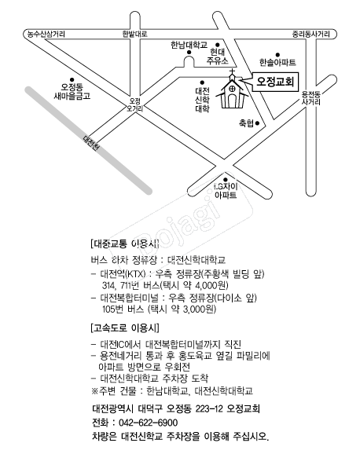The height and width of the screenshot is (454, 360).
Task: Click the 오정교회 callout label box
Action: tap(275, 82)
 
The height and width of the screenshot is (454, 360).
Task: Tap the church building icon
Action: tap(232, 91)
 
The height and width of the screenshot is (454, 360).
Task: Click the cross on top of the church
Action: tap(232, 71)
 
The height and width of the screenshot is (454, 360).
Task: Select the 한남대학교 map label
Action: tap(189, 46)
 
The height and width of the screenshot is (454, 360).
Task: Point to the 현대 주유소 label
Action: tap(218, 57)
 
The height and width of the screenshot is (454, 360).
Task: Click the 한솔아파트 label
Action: tap(277, 62)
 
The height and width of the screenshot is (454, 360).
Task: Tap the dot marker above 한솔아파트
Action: tap(277, 54)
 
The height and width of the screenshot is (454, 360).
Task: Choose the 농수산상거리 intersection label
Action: tap(46, 34)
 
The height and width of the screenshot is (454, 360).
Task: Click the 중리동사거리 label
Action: tap(310, 34)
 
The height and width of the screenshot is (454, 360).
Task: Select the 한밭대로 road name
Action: tap(134, 34)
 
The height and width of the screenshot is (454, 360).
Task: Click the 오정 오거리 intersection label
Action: tap(134, 104)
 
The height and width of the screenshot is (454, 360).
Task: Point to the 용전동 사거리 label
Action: tap(311, 98)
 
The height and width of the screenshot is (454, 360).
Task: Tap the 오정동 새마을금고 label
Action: tap(72, 91)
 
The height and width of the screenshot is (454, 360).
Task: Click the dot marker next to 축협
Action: tap(257, 123)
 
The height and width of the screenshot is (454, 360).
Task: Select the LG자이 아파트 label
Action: tap(226, 191)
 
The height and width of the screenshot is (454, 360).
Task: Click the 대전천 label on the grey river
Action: tap(92, 143)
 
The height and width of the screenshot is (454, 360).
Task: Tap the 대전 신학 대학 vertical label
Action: tap(202, 101)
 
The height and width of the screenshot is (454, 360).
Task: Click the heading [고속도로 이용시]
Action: tap(125, 328)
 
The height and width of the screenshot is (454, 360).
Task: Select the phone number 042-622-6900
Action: tap(148, 423)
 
